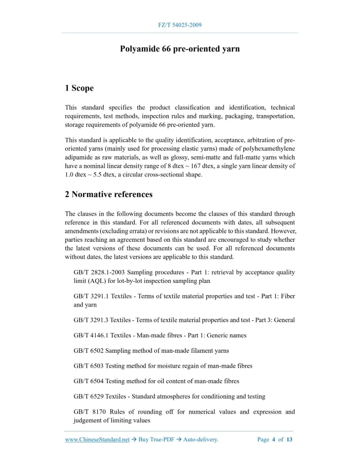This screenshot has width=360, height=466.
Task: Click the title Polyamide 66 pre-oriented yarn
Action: (179, 49)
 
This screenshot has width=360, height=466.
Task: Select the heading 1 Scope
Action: (79, 88)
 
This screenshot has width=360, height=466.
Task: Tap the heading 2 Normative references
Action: (109, 194)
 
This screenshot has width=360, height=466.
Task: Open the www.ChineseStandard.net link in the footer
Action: (97, 440)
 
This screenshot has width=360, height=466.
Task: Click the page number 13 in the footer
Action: (290, 440)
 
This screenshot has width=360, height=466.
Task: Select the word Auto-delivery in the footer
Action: (201, 440)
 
